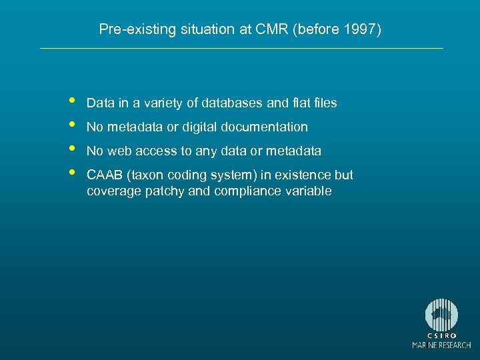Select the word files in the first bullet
pyautogui.click(x=323, y=103)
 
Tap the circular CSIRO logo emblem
pyautogui.click(x=441, y=315)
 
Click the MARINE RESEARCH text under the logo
pyautogui.click(x=441, y=345)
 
